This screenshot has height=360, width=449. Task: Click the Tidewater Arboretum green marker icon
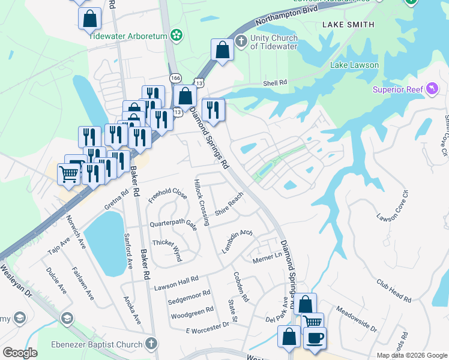coord(176,35)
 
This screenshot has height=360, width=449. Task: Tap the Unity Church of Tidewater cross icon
coord(241,41)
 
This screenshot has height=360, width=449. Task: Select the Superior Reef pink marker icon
coord(432,89)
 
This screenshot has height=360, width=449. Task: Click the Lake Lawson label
coord(354,65)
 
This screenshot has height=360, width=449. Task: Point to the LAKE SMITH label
coord(348,25)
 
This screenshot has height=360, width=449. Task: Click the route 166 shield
coord(175,78)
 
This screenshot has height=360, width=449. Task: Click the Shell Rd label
coord(276,83)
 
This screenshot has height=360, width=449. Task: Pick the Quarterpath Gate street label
coord(173,224)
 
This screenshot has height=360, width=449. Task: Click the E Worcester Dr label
coord(208,326)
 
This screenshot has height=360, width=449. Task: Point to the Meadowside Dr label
coord(356,320)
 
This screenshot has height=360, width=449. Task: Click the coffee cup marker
coord(315,338)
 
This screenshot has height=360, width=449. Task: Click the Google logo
coord(20,353)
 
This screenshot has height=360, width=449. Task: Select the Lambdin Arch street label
coord(237,240)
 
